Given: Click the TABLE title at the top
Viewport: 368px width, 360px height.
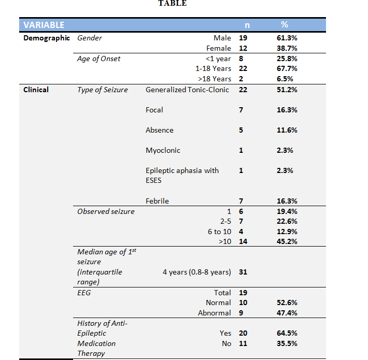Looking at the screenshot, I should pyautogui.click(x=173, y=3).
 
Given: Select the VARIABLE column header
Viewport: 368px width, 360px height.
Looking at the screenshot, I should pyautogui.click(x=44, y=24).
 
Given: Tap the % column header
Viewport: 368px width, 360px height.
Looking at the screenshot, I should pyautogui.click(x=284, y=24).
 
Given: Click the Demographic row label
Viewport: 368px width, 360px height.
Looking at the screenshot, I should pyautogui.click(x=46, y=38).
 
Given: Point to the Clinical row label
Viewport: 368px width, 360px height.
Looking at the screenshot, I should pyautogui.click(x=36, y=90).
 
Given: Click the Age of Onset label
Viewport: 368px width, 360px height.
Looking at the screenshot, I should pyautogui.click(x=98, y=59).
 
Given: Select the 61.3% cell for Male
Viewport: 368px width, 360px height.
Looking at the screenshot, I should pyautogui.click(x=287, y=38).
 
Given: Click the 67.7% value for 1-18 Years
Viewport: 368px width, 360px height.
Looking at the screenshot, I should pyautogui.click(x=287, y=68).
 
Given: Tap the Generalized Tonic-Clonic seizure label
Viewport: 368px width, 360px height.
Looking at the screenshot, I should pyautogui.click(x=187, y=90).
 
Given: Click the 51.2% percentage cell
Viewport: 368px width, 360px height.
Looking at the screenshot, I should pyautogui.click(x=287, y=90).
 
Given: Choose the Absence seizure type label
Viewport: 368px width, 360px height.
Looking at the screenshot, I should pyautogui.click(x=160, y=130).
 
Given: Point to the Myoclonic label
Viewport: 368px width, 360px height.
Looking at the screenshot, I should pyautogui.click(x=162, y=150).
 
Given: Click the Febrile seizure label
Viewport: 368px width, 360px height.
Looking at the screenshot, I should pyautogui.click(x=157, y=201).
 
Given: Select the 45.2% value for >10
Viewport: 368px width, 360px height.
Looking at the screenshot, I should pyautogui.click(x=287, y=241).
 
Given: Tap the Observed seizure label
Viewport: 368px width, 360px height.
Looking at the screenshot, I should pyautogui.click(x=106, y=211).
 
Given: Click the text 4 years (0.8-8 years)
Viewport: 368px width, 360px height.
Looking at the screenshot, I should pyautogui.click(x=196, y=272).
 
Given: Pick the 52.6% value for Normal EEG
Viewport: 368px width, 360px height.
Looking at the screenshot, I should pyautogui.click(x=287, y=303).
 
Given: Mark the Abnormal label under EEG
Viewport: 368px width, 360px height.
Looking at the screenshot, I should pyautogui.click(x=214, y=313).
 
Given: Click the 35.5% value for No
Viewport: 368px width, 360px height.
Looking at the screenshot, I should pyautogui.click(x=287, y=343).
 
